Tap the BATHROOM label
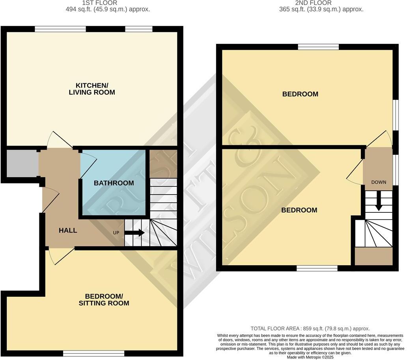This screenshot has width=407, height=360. (x=114, y=183)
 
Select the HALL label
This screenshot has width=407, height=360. (x=68, y=231)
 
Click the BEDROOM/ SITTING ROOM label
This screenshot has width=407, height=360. (x=107, y=300)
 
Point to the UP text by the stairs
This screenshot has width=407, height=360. (x=116, y=232)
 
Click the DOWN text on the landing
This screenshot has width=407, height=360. (x=379, y=182)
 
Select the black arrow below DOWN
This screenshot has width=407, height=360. (x=379, y=201)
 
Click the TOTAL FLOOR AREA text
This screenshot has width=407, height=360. (x=310, y=328)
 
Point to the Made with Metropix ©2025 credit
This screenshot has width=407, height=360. (x=310, y=357)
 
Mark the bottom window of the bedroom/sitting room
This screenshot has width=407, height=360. (x=94, y=353)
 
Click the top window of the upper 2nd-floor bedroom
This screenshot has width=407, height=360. (x=318, y=47)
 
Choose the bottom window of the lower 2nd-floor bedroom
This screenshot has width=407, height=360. (x=317, y=268)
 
